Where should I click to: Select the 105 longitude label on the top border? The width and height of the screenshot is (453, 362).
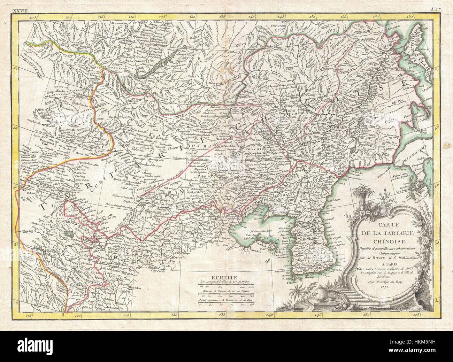pos(33,17)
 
